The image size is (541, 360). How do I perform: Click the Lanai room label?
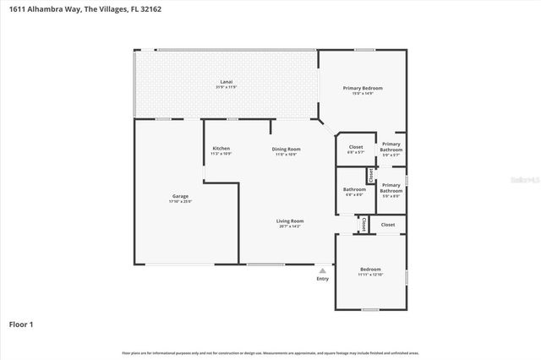tap(226, 82)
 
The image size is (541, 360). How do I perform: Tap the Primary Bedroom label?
tap(362, 88)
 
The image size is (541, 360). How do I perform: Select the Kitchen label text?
tap(221, 149)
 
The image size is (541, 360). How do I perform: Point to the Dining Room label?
tap(286, 150)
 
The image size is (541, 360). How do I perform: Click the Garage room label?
tap(180, 196)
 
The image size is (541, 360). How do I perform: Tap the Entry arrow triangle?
tap(322, 270)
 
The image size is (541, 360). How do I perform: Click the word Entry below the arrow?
tap(322, 279)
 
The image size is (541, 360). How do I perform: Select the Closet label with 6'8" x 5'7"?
tap(356, 147)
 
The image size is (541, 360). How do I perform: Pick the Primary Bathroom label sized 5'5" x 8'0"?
tap(391, 187)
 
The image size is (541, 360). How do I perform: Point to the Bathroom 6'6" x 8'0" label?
tap(354, 189)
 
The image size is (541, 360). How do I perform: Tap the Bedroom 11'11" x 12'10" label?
tap(370, 269)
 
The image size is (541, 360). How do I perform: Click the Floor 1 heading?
tap(21, 324)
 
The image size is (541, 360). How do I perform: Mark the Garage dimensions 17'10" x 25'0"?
tap(180, 202)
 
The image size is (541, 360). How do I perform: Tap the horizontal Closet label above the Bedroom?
tap(387, 225)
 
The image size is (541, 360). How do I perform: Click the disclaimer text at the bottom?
tap(270, 352)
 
